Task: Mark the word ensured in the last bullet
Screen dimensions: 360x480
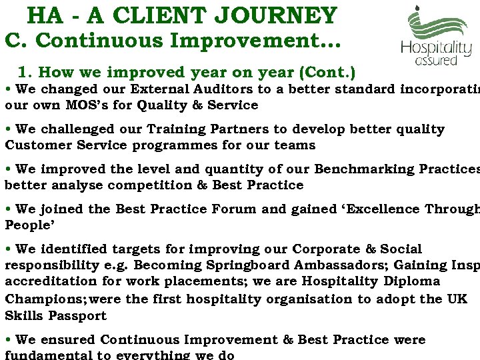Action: (x=65, y=340)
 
